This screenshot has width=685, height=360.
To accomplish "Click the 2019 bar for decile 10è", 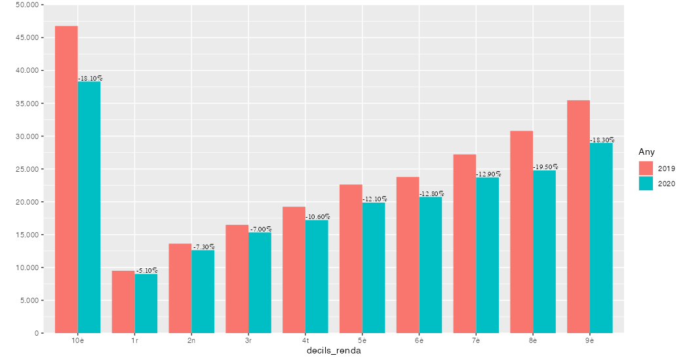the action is coord(66,180).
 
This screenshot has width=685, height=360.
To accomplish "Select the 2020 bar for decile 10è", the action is coord(89,207).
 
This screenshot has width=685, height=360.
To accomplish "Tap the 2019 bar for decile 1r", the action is coord(123,302).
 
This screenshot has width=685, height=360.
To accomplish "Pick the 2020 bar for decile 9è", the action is coord(601,238).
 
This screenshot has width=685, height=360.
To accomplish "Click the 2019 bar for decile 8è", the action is coord(522,232).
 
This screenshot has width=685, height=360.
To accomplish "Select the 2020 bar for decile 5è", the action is coord(374,268).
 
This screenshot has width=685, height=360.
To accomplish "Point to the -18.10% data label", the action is coord(90,79).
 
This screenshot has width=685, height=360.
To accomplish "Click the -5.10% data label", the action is coord(147,271).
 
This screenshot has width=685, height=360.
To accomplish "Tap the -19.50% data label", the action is coord(545,167).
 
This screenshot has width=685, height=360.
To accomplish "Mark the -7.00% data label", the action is coord(261,230).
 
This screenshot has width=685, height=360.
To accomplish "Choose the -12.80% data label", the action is coord(431,194).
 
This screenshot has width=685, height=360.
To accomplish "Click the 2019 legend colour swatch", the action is coord(646,169).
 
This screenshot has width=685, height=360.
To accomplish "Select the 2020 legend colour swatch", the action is coord(646,184).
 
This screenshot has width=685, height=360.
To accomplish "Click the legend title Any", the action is coord(646,152).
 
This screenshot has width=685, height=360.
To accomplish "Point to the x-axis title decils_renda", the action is coord(334,351).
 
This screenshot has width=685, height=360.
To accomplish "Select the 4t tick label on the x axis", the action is coord(305,341).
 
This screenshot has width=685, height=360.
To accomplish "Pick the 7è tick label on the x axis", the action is coord(476,341).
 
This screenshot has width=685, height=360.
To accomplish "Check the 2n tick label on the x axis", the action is coord(191,341).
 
